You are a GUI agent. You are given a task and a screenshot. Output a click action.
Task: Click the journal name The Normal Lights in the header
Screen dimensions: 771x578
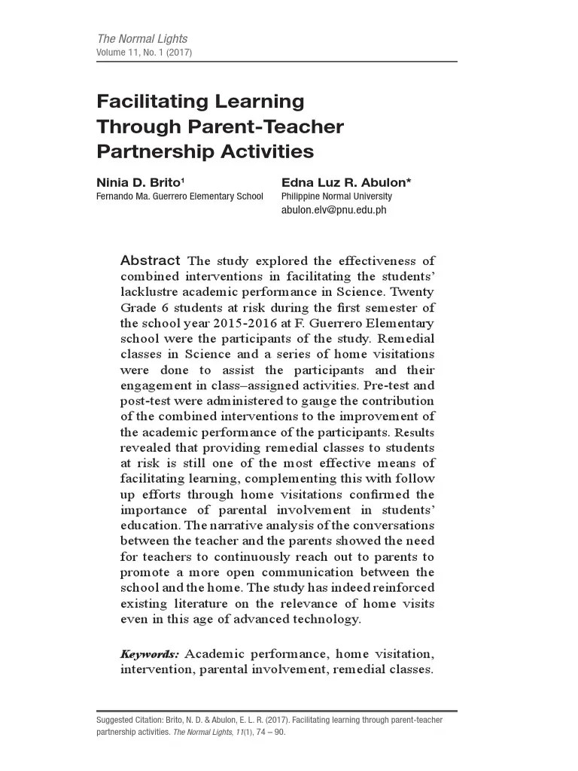[x=142, y=38]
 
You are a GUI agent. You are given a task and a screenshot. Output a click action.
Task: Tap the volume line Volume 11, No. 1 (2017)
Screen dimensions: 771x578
[x=144, y=53]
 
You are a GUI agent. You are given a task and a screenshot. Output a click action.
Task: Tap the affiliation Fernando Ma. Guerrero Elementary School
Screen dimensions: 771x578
[x=179, y=197]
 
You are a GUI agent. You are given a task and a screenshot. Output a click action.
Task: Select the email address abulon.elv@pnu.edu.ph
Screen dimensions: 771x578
[x=333, y=211]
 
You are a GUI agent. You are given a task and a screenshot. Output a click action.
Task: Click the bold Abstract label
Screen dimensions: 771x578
[x=150, y=261]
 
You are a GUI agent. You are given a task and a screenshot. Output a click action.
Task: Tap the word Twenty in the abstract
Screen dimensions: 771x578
[x=412, y=291]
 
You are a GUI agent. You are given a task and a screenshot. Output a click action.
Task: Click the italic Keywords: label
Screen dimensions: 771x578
[x=149, y=654]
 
